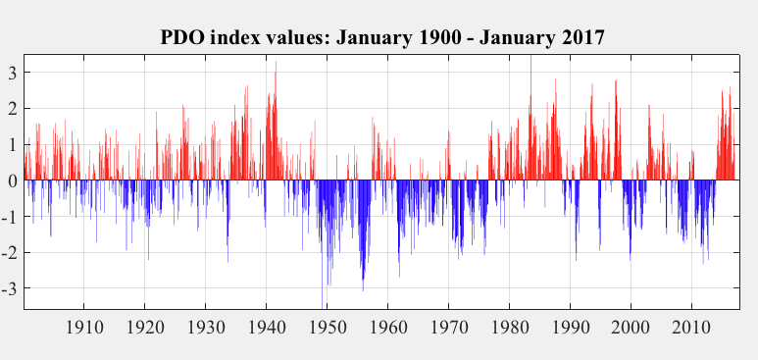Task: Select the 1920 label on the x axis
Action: [144, 327]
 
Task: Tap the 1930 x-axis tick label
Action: [205, 327]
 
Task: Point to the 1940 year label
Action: [266, 327]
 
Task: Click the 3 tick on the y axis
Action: [13, 74]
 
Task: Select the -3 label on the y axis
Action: [10, 288]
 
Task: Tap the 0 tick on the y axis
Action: [13, 181]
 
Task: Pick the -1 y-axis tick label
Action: [10, 217]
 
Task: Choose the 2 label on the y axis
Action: [13, 110]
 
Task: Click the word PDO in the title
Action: [182, 38]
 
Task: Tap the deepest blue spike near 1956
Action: [363, 290]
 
